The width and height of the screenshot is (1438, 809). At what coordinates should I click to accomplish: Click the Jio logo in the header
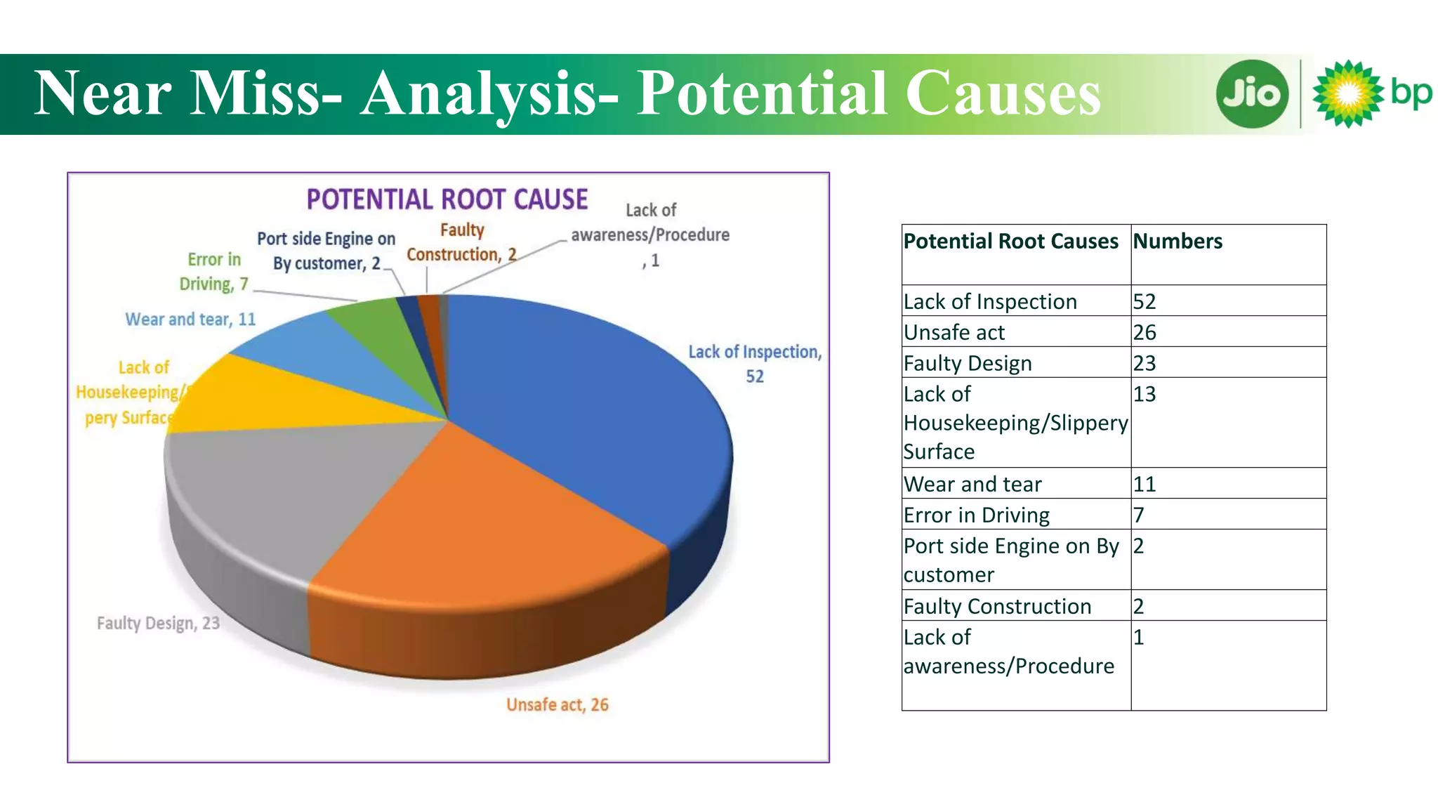pyautogui.click(x=1252, y=94)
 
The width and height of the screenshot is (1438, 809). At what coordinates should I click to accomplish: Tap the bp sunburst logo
pyautogui.click(x=1348, y=94)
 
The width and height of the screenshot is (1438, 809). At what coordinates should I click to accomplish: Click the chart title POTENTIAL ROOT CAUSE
pyautogui.click(x=447, y=200)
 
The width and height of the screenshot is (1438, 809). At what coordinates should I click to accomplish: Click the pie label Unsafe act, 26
pyautogui.click(x=558, y=705)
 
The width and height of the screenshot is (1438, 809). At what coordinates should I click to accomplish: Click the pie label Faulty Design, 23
pyautogui.click(x=158, y=624)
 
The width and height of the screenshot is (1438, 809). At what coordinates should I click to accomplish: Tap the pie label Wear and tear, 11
pyautogui.click(x=190, y=320)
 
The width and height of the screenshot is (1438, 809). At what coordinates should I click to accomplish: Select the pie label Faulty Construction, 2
pyautogui.click(x=461, y=243)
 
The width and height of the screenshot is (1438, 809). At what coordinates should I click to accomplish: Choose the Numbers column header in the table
pyautogui.click(x=1178, y=242)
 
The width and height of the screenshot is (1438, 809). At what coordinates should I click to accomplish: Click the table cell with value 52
pyautogui.click(x=1145, y=302)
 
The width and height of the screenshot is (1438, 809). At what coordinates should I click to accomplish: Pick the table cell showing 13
pyautogui.click(x=1145, y=394)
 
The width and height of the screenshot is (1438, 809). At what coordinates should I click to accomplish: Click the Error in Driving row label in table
pyautogui.click(x=976, y=515)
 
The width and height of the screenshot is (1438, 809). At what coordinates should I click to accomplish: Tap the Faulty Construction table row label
pyautogui.click(x=997, y=607)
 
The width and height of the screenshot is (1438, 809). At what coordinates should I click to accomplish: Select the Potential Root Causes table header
pyautogui.click(x=1010, y=242)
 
